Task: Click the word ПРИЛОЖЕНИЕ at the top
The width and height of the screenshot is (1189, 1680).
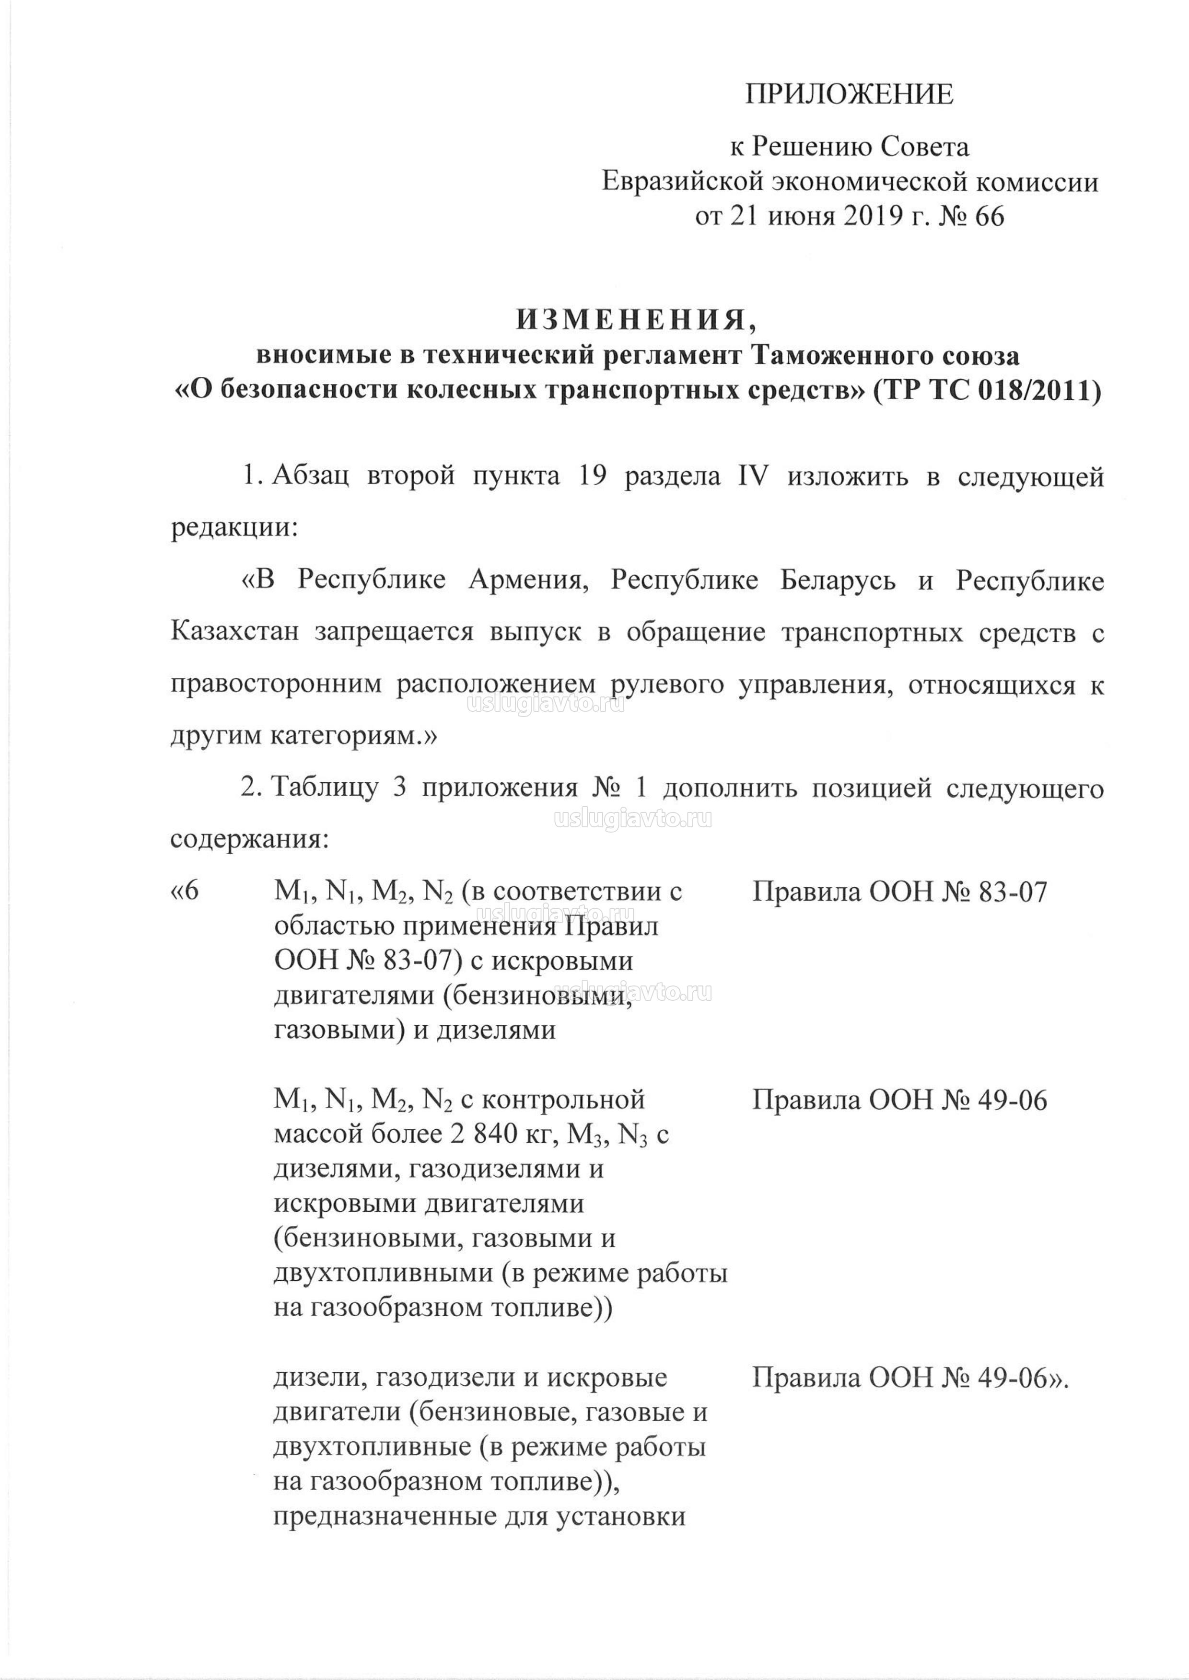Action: tap(849, 94)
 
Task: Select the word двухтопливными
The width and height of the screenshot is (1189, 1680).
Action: tap(377, 1273)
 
